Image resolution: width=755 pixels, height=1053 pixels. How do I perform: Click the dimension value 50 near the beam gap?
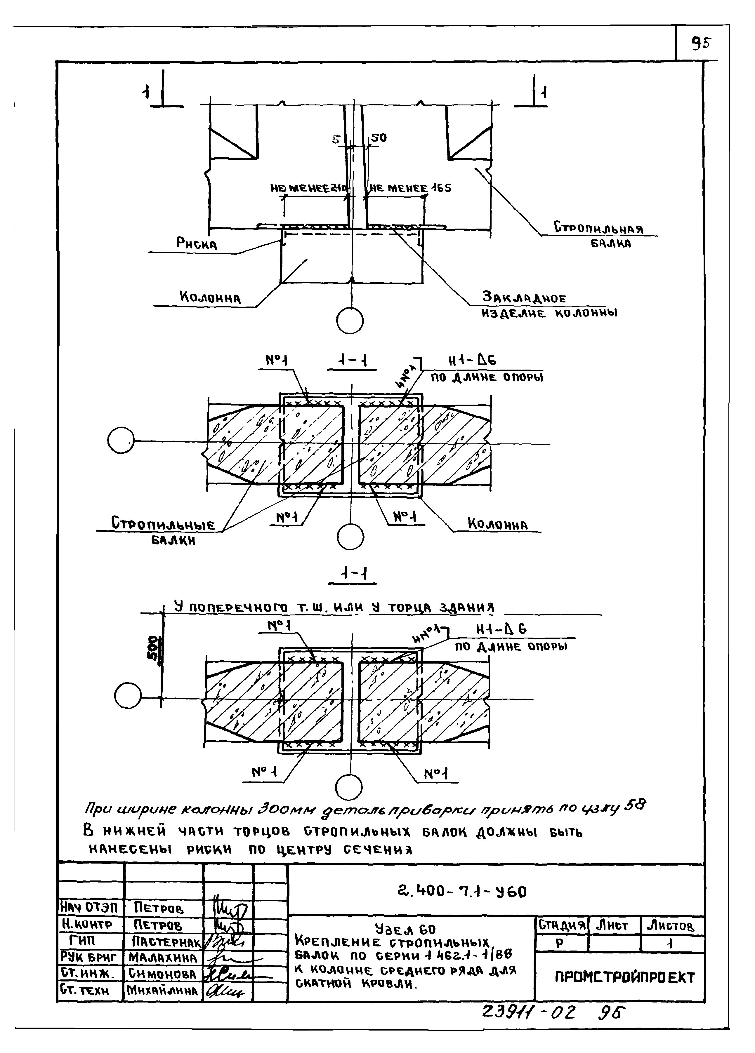point(379,138)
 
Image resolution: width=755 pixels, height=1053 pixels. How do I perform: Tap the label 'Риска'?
point(197,243)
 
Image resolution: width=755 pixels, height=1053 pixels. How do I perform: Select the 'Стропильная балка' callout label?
point(599,234)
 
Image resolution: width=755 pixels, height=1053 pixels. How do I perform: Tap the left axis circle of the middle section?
point(121,440)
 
